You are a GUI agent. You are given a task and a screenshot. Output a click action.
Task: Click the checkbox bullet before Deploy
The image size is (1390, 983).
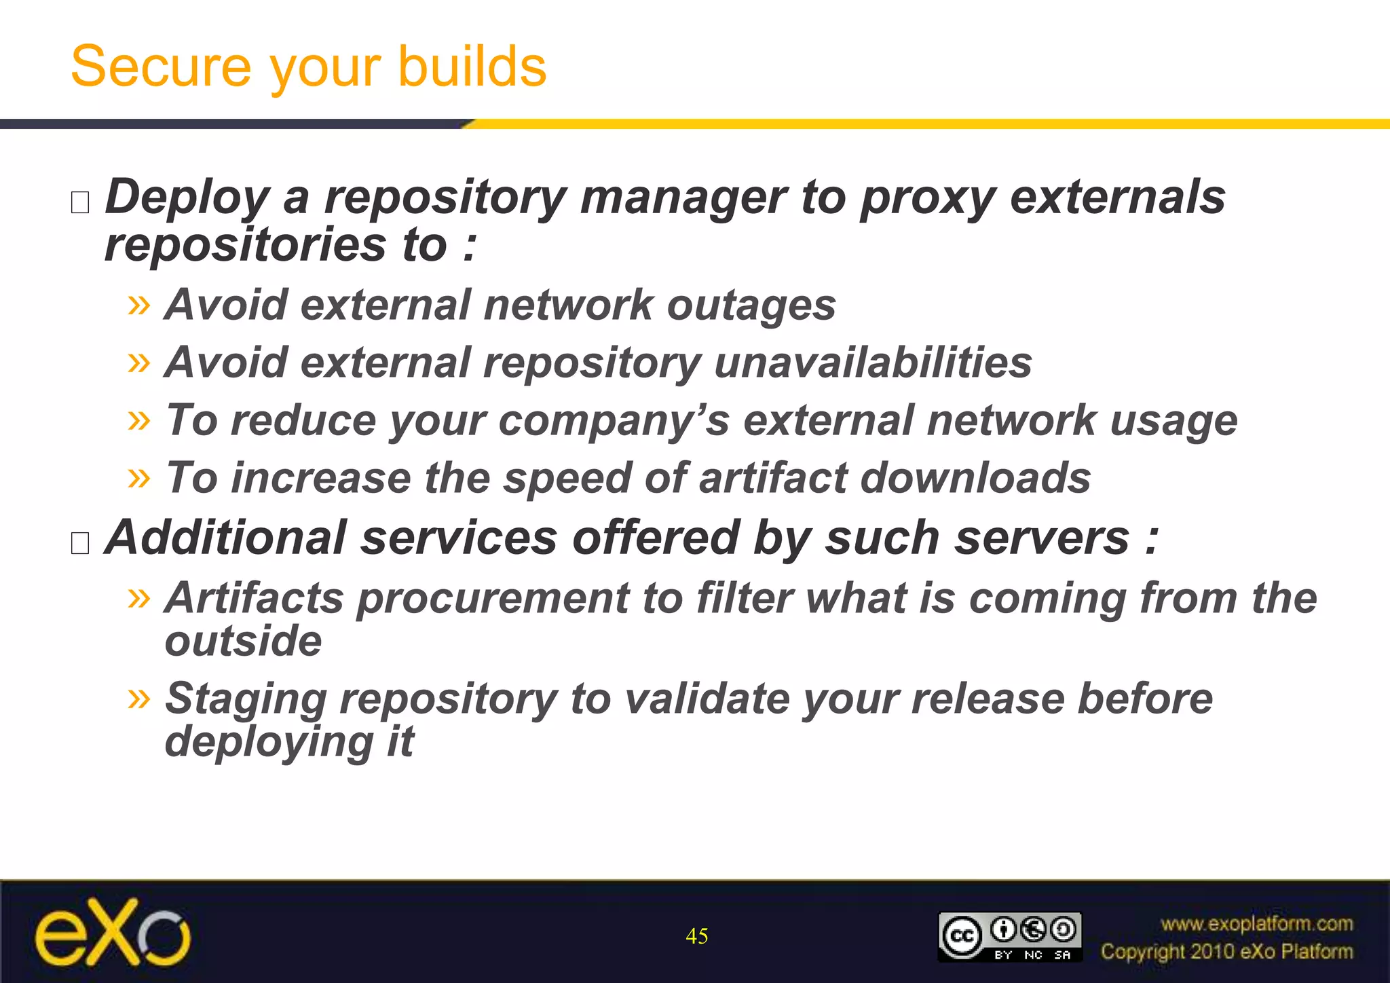pos(80,202)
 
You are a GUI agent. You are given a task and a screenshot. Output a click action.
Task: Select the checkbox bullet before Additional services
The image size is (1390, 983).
pos(80,543)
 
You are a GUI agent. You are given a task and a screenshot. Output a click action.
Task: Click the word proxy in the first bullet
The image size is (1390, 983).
pos(927,198)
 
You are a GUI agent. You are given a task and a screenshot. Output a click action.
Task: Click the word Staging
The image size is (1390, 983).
pos(246,699)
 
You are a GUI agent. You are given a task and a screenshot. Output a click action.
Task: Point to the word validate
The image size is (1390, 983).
pos(707,699)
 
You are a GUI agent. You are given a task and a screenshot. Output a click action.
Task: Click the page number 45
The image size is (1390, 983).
pos(697,936)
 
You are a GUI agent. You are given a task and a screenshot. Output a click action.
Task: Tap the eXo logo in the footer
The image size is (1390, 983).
pos(113,932)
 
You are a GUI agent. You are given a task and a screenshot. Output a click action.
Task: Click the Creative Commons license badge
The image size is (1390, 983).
pos(1009,937)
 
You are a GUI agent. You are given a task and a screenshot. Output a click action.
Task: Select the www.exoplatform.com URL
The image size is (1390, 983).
pos(1256,923)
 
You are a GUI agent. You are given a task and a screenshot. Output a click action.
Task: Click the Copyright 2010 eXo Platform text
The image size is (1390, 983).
pos(1226,952)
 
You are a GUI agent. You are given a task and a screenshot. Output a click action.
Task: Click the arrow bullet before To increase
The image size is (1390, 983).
pos(139,478)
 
